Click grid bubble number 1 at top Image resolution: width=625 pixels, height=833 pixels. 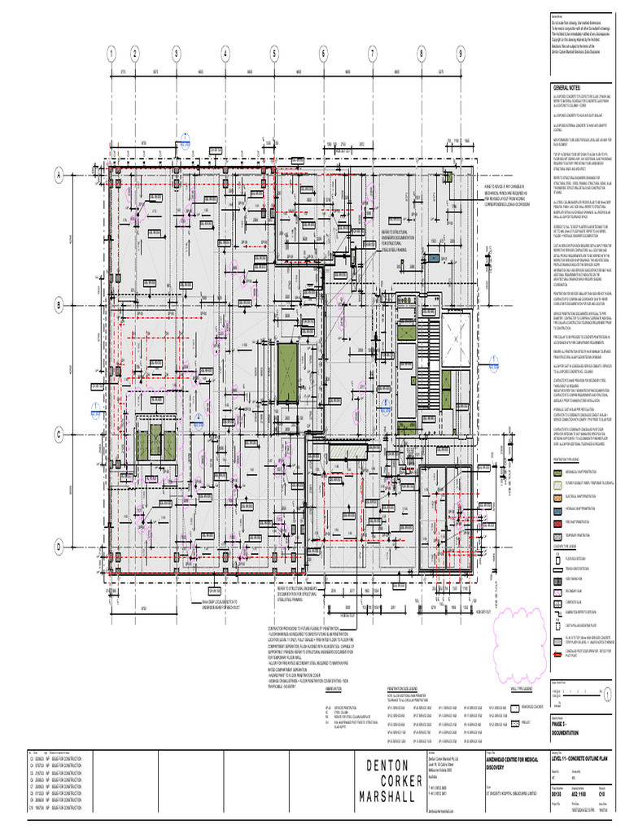[x=108, y=55]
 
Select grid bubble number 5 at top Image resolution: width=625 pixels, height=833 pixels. [x=276, y=55]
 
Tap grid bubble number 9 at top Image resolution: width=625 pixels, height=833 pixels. [x=460, y=55]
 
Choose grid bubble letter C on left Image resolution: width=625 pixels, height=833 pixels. [x=59, y=435]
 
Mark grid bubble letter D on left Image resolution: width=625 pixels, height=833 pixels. [x=59, y=547]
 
